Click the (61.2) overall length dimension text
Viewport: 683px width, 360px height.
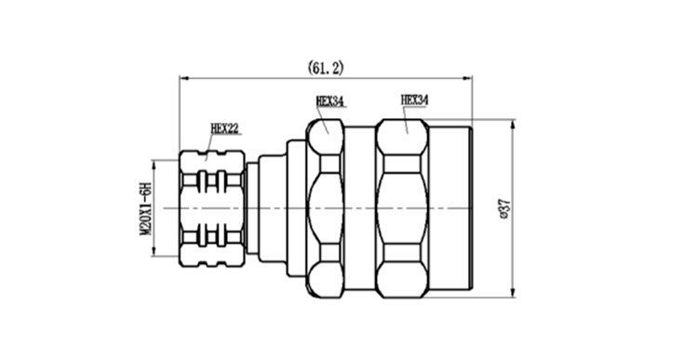326,68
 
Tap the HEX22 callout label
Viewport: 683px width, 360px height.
225,128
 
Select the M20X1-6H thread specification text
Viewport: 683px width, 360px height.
145,208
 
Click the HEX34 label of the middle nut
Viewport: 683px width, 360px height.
329,101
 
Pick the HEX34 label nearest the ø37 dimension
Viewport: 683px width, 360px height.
414,100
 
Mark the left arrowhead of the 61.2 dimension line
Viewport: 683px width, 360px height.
184,78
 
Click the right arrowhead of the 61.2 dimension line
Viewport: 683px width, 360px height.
467,78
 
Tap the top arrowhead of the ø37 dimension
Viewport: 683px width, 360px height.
513,124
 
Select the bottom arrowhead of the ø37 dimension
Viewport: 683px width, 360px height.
513,293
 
